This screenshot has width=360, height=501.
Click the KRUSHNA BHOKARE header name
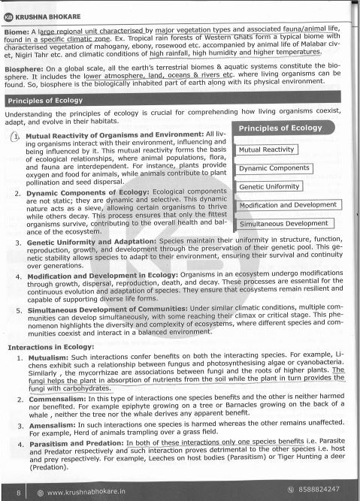(x=47, y=15)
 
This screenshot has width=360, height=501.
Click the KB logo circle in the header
(x=9, y=15)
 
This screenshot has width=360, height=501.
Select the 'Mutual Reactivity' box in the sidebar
(x=266, y=150)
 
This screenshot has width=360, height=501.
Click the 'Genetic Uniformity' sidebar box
(x=270, y=186)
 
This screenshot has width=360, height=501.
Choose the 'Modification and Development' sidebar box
(x=289, y=205)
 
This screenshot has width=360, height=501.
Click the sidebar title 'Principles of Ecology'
(x=280, y=128)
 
